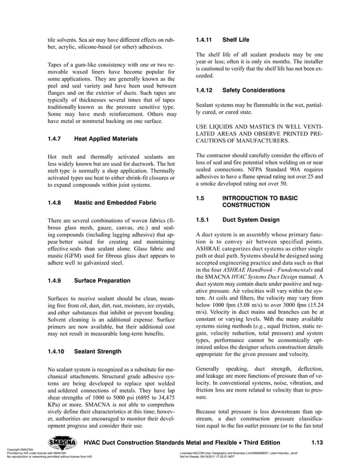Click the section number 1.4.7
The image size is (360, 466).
(56, 138)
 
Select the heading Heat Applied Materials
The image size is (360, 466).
(108, 138)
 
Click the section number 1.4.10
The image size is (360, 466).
(58, 351)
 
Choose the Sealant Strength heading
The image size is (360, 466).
(97, 351)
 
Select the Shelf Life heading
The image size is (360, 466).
(236, 40)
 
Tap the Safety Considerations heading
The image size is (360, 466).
(257, 90)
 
